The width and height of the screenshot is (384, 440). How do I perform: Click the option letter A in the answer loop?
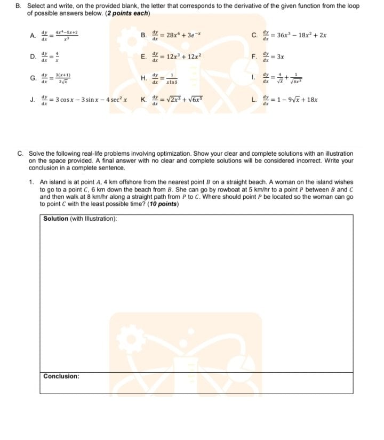pyautogui.click(x=33, y=36)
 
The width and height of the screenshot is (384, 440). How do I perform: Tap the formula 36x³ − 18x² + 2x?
pyautogui.click(x=292, y=36)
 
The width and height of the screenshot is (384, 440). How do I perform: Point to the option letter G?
pyautogui.click(x=33, y=77)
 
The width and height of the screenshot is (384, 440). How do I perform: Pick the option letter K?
pyautogui.click(x=143, y=99)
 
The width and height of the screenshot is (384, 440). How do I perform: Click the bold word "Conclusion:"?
pyautogui.click(x=61, y=376)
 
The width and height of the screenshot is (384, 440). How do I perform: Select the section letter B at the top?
pyautogui.click(x=19, y=6)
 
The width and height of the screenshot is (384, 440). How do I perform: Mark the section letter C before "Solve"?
pyautogui.click(x=19, y=153)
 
